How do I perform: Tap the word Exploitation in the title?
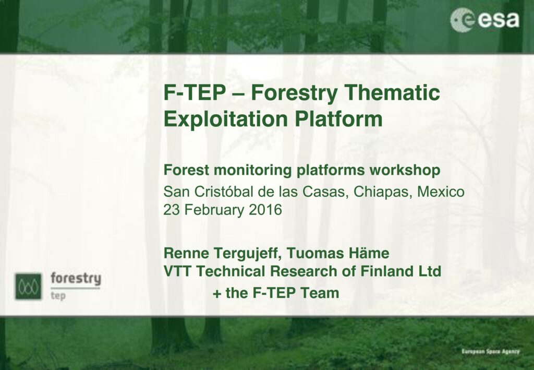click(226, 120)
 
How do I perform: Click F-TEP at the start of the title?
click(195, 92)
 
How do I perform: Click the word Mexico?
click(441, 192)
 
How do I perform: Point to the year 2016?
click(265, 210)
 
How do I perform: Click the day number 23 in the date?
click(171, 210)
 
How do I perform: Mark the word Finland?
click(386, 271)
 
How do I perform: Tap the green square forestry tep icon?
click(28, 286)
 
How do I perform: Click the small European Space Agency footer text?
click(490, 351)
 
